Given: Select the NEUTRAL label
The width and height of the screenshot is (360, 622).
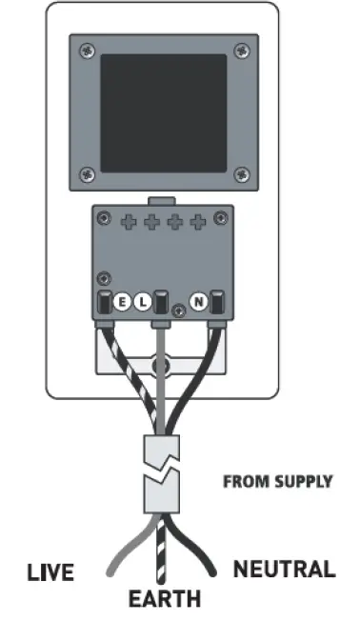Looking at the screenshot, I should coord(284,571).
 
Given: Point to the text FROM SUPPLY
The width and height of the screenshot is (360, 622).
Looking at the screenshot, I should coord(277,481).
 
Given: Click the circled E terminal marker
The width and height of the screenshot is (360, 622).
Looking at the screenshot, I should coord(123,303).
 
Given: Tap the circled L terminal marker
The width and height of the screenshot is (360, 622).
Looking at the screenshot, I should coord(142,303).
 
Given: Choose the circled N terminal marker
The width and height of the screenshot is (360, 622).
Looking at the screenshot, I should coord(200,303).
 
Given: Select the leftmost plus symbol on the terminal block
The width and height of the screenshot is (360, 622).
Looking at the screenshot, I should coord(130,223).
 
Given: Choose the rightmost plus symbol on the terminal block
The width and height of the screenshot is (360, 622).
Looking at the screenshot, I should coord(198,223).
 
